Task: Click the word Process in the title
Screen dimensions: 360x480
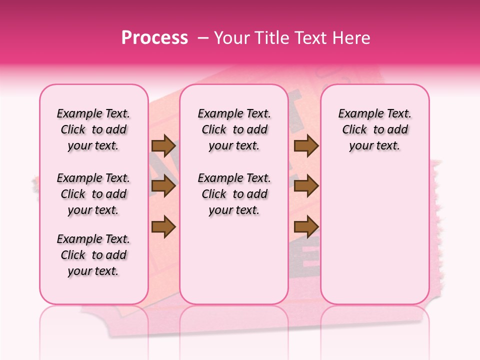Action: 154,38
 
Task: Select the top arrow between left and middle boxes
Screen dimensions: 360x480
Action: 163,145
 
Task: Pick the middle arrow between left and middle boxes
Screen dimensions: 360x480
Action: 163,186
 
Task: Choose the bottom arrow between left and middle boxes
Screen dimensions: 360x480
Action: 163,227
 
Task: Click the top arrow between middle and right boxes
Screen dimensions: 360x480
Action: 306,145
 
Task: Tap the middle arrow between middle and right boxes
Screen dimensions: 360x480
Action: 306,186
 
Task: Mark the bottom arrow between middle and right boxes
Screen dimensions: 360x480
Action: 306,227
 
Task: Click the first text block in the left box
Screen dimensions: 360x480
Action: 93,129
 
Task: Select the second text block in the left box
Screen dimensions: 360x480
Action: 93,194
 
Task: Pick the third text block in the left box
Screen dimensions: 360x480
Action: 93,255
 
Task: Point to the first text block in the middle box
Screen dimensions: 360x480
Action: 234,129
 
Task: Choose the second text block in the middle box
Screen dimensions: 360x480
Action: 234,194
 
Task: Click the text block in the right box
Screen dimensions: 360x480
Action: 374,129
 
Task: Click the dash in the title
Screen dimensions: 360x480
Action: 203,38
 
